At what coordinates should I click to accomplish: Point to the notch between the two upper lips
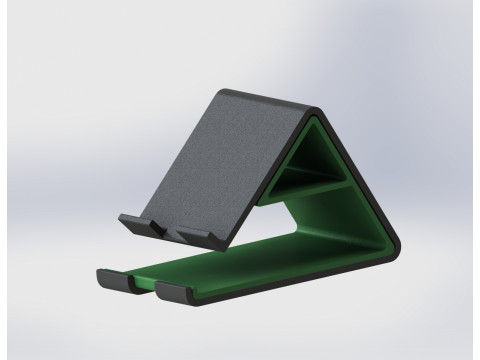163,229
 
